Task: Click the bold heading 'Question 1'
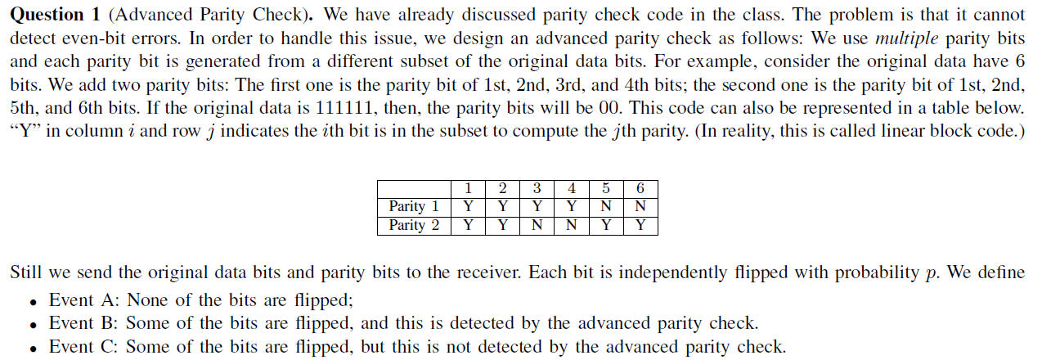tap(47, 16)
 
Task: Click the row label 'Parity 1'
tap(414, 206)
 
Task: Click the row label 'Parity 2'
tap(414, 225)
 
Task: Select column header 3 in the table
tap(537, 188)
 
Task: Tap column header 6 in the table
tap(640, 188)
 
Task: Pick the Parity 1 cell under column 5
tap(605, 206)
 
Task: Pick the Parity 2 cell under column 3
tap(537, 225)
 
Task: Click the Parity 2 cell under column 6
tap(640, 225)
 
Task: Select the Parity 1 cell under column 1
tap(468, 206)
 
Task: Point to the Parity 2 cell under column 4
tap(571, 225)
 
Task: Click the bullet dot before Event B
tap(32, 325)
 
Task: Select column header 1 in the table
tap(468, 188)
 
